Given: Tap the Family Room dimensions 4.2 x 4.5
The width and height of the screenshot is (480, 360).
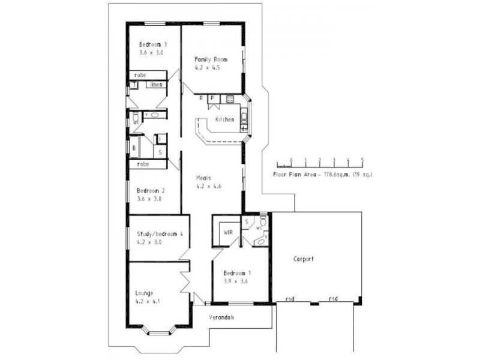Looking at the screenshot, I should [x=208, y=68].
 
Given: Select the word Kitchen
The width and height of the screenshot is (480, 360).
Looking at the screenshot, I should [x=225, y=120].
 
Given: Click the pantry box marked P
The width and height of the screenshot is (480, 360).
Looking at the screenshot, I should [x=212, y=98].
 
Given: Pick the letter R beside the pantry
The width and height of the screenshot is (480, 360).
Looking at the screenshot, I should [x=202, y=98].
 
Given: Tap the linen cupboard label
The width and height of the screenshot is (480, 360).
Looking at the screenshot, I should [x=157, y=85].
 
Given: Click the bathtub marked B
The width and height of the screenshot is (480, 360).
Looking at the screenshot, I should [x=134, y=146].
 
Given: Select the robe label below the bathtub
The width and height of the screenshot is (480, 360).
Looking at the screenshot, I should [x=143, y=164].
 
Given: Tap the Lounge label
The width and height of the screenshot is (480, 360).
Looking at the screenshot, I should [x=145, y=293].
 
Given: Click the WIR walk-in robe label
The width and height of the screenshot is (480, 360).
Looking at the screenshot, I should [x=228, y=232].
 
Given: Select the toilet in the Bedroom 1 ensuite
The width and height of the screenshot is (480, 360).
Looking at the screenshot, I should [x=263, y=223].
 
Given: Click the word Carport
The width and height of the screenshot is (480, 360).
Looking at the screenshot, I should [x=304, y=259].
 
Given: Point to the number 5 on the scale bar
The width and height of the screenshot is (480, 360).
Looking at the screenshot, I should [x=362, y=160].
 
